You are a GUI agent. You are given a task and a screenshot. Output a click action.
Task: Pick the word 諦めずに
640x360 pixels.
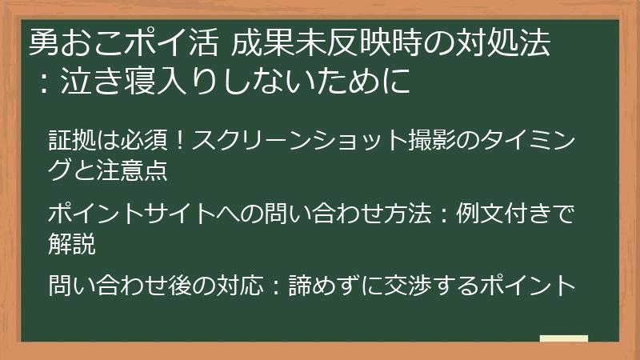[x=336, y=285]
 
